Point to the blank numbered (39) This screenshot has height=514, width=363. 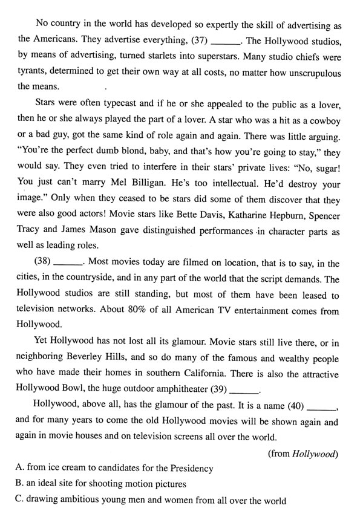(x=245, y=389)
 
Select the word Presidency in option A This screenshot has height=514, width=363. (x=185, y=469)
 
